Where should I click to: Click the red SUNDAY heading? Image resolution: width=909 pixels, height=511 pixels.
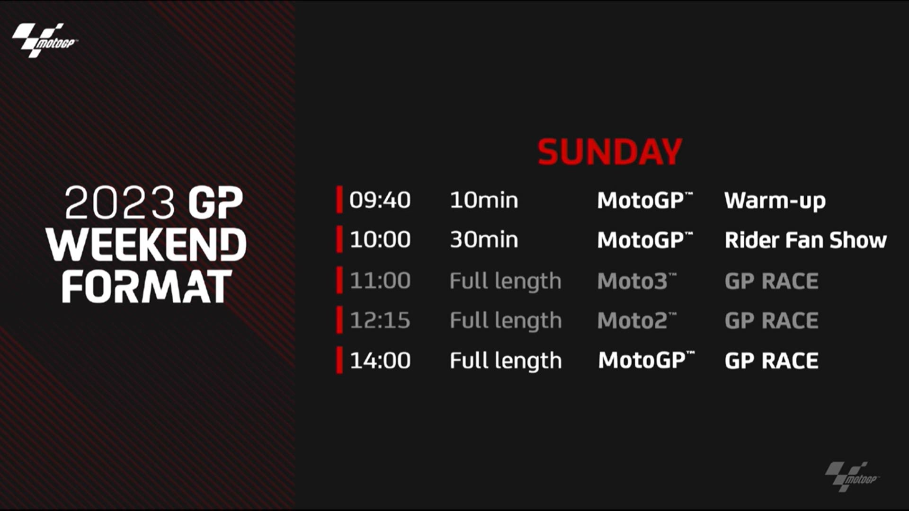610,152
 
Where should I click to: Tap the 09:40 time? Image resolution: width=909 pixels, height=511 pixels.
380,200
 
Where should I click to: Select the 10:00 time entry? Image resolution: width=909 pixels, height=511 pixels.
380,240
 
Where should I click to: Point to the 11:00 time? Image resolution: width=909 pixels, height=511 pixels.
380,281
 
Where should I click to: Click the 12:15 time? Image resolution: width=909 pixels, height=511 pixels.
380,320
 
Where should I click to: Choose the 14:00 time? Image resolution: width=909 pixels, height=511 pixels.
380,361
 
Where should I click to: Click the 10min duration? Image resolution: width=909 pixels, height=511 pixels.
484,200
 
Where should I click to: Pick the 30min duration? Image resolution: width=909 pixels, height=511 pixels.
484,240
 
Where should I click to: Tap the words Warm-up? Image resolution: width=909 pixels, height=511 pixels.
775,201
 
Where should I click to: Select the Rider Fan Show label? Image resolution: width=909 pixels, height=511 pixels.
806,240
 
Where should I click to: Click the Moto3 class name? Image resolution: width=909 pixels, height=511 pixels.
637,281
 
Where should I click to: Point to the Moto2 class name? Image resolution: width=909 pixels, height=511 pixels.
637,321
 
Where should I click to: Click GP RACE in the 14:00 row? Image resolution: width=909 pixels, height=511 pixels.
772,361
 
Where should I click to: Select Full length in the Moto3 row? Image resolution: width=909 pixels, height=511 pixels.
506,282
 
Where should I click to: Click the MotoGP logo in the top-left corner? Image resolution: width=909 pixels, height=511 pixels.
45,40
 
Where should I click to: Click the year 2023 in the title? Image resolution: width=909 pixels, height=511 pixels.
120,203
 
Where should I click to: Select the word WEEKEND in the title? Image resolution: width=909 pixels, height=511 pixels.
146,244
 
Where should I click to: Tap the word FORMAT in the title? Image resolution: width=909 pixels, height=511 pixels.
147,287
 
